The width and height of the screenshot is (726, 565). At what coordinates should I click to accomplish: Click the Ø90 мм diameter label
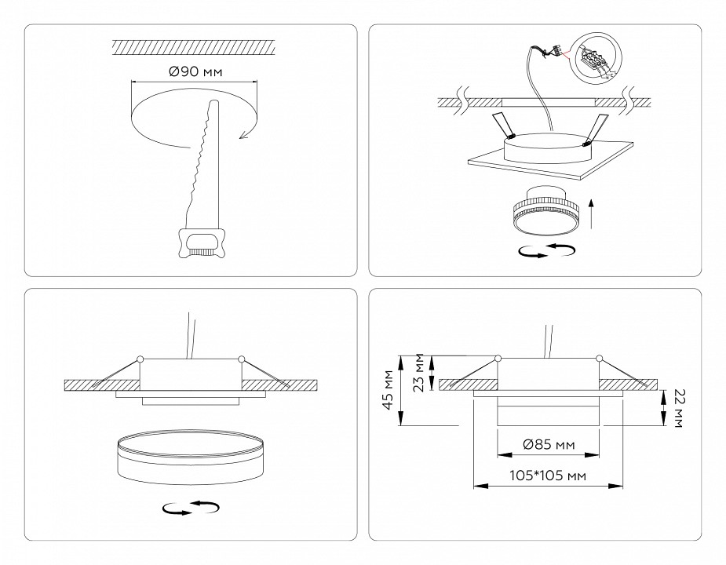pos(195,73)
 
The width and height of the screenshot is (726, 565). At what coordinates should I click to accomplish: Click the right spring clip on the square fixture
pos(598,127)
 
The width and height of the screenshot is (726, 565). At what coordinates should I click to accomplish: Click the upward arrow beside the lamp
pos(593,213)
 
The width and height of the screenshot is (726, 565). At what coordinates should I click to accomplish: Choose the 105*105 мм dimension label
pos(548,476)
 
